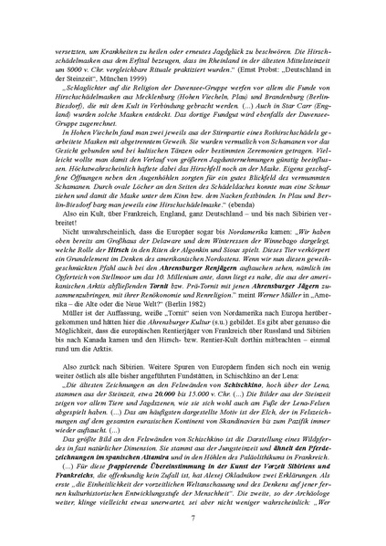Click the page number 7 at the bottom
pyautogui.click(x=193, y=518)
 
